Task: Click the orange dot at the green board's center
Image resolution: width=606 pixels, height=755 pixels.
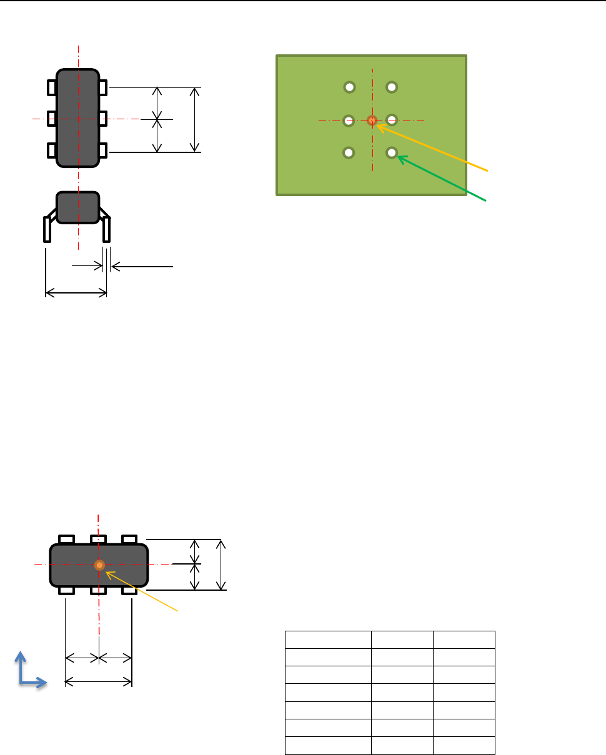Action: tap(372, 120)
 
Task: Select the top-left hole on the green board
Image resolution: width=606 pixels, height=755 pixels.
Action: tap(350, 87)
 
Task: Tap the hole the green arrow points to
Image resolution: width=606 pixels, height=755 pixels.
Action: tap(392, 152)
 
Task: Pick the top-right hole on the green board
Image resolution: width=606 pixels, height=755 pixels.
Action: tap(392, 87)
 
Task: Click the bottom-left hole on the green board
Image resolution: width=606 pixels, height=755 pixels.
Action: tap(350, 152)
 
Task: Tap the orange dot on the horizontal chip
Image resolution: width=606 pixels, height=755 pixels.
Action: tap(99, 565)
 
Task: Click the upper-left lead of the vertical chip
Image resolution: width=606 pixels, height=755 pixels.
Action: tap(52, 87)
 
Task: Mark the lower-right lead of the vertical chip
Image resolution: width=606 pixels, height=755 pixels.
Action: tap(103, 150)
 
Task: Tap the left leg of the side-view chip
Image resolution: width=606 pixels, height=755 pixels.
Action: tap(47, 229)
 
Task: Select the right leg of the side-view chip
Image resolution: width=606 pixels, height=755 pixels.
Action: tap(107, 229)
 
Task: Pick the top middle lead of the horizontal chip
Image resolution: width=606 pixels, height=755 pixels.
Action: tap(99, 539)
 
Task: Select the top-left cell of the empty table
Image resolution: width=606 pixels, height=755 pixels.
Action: tap(328, 640)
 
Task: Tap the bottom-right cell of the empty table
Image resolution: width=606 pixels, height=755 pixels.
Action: tap(464, 746)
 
